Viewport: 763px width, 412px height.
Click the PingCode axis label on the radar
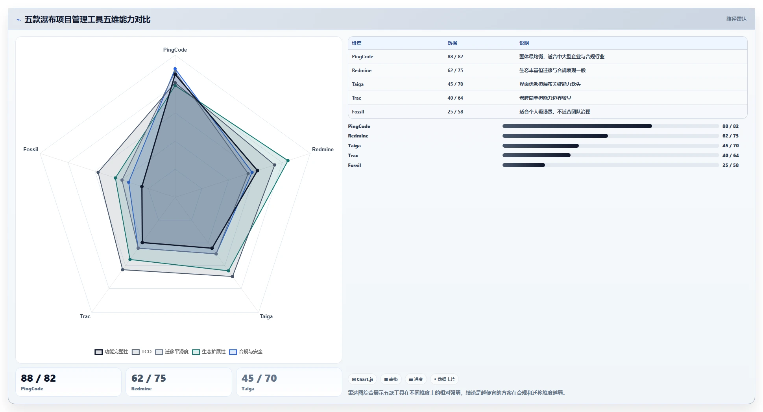click(x=175, y=50)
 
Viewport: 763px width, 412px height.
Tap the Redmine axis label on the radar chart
click(x=323, y=150)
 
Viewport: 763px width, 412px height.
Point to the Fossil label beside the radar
click(x=31, y=150)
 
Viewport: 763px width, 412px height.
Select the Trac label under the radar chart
click(x=85, y=317)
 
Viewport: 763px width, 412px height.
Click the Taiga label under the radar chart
click(x=266, y=317)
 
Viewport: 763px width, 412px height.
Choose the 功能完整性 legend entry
click(x=112, y=352)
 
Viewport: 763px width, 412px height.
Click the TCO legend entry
click(x=142, y=352)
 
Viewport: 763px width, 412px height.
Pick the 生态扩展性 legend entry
click(x=209, y=352)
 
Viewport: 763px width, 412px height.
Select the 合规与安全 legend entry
click(x=246, y=352)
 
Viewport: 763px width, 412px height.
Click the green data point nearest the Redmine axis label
click(x=288, y=161)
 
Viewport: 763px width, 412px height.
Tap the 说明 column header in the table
click(x=524, y=43)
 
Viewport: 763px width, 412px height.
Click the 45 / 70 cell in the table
click(x=455, y=84)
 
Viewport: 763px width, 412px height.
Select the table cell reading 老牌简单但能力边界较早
click(x=545, y=98)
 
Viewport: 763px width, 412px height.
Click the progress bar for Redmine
click(x=611, y=136)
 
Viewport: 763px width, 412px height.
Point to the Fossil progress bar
click(x=611, y=165)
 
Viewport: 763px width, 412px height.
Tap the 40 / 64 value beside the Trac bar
click(x=730, y=156)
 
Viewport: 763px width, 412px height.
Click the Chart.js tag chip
click(x=362, y=379)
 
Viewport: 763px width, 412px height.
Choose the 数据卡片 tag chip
click(x=444, y=379)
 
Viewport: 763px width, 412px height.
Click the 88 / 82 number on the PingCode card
click(x=39, y=378)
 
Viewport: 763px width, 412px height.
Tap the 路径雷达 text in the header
click(x=736, y=19)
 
